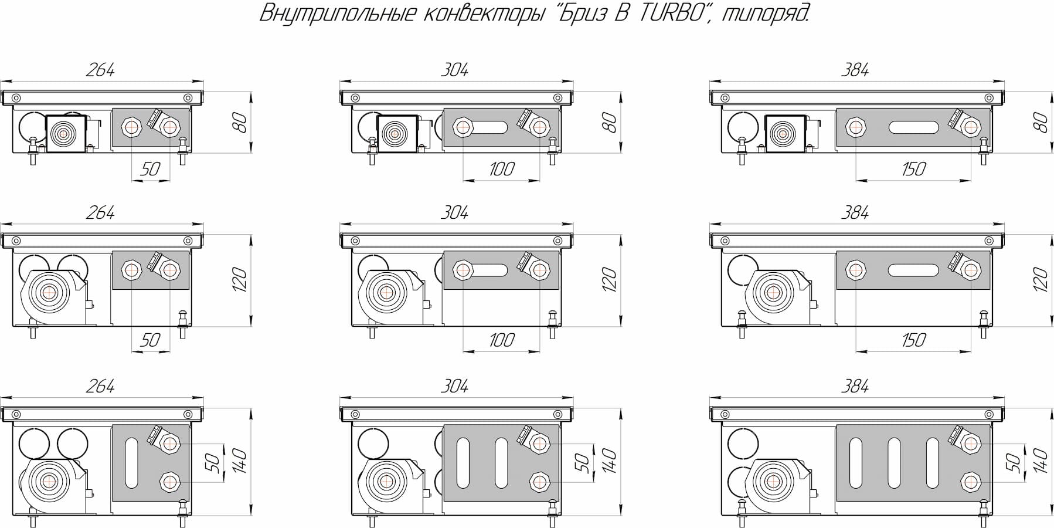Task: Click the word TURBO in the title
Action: [x=669, y=13]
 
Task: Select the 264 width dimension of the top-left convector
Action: [x=100, y=70]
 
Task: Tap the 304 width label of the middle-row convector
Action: [x=454, y=212]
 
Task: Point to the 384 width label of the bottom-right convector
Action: [x=855, y=386]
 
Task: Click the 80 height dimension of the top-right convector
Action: [x=1039, y=123]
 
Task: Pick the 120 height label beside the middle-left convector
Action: [x=239, y=280]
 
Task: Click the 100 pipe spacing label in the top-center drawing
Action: [x=501, y=169]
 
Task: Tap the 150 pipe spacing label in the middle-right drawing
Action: [x=913, y=340]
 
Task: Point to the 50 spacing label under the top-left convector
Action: [x=150, y=169]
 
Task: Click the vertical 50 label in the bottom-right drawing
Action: [x=1013, y=462]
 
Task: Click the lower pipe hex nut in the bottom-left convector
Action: [x=170, y=482]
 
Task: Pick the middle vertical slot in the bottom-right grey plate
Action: [x=894, y=462]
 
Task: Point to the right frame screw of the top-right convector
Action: [x=990, y=98]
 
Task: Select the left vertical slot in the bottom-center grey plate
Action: [x=463, y=462]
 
